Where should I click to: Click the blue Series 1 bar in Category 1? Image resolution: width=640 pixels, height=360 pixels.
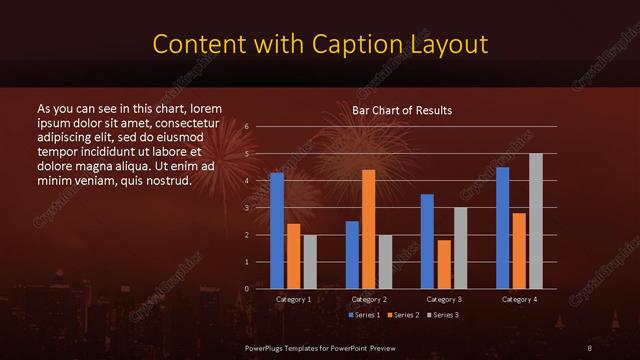click(x=277, y=231)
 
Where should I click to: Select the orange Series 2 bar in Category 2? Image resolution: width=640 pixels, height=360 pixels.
click(x=368, y=229)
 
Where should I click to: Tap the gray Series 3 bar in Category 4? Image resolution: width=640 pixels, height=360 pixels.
click(x=535, y=221)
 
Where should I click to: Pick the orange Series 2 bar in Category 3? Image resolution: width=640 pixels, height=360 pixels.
click(x=443, y=264)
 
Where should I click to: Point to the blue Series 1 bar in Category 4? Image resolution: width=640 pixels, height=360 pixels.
click(x=502, y=228)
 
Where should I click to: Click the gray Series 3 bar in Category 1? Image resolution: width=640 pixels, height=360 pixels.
click(x=310, y=262)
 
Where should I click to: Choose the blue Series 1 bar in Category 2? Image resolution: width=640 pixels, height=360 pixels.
click(x=352, y=255)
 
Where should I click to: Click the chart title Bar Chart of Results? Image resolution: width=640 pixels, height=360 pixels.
click(x=402, y=110)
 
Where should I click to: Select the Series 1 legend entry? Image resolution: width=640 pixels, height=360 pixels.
click(x=363, y=315)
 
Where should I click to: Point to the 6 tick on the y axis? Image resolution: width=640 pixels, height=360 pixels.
click(x=247, y=127)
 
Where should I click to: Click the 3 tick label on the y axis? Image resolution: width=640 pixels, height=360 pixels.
click(x=247, y=208)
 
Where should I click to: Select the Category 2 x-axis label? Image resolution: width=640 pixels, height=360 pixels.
click(x=369, y=299)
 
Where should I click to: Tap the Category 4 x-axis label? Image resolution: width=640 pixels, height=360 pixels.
click(x=519, y=299)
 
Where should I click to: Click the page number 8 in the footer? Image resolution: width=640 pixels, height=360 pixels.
click(x=590, y=347)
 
